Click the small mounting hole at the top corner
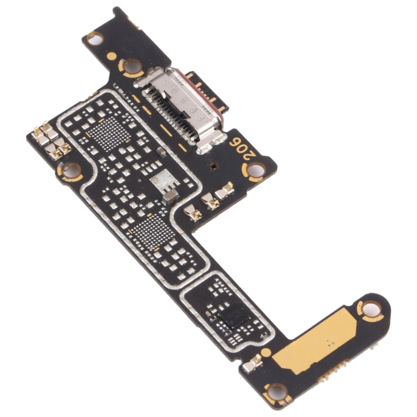tap(94, 38)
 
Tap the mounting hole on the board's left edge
tap(71, 171)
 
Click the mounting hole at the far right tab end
tap(371, 309)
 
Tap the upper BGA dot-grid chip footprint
tap(110, 132)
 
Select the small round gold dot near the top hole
tap(111, 56)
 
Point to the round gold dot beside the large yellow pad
tap(266, 352)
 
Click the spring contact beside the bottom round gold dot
tap(253, 363)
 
